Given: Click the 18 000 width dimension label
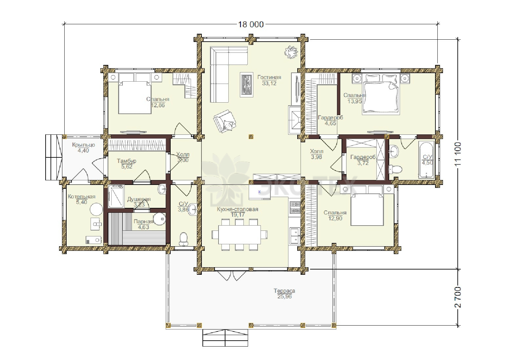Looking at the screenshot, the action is coord(251,24).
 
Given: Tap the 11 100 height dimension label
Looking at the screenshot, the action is coord(458,154).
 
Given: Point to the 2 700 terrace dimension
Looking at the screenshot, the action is coord(458,297).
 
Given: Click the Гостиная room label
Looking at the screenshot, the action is coord(269,77).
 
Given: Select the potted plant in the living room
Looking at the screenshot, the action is coord(291,52).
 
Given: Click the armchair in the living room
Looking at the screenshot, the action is coord(224,121).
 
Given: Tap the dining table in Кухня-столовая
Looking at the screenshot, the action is coord(239,235).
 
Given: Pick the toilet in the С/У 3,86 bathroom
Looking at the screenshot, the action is coord(183,239).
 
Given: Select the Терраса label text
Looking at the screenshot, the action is coord(284,291).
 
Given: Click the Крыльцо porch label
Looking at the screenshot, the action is coord(83,145).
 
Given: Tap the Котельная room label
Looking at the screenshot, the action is coord(82,196).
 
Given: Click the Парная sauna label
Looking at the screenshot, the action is coord(143,221).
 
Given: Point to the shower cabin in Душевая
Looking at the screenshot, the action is coord(116,196).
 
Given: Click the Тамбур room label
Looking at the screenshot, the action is coord(127,161).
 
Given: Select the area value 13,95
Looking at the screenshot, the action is coord(355,101).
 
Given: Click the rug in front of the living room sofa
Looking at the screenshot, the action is coord(246,85).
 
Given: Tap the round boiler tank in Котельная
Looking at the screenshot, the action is coord(96,209).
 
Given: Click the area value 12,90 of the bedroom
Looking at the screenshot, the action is coord(335,218).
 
